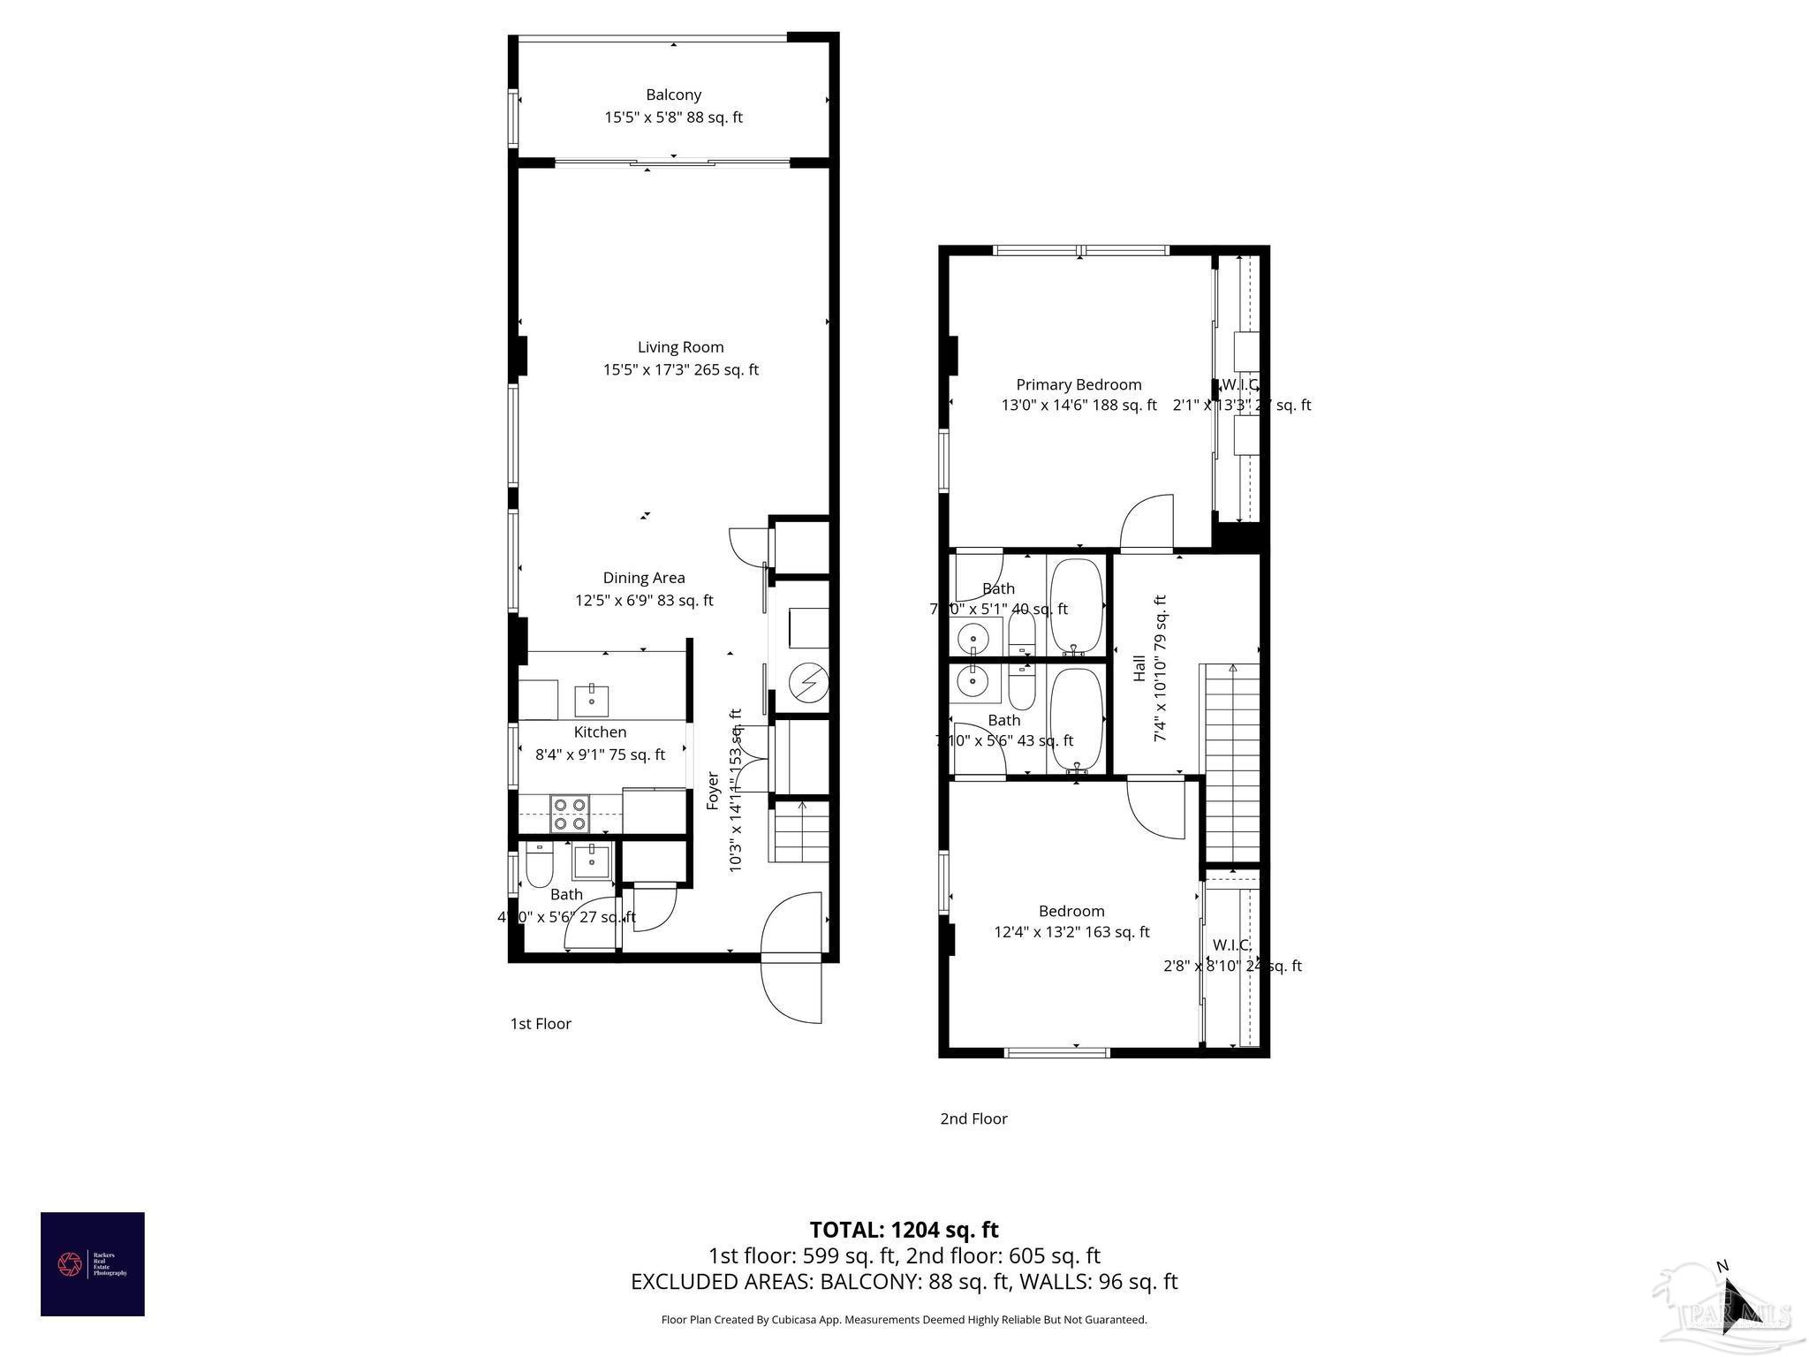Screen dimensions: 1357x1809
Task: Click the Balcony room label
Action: (673, 95)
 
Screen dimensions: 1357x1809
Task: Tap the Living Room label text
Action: (680, 347)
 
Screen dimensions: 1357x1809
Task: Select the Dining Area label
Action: (644, 578)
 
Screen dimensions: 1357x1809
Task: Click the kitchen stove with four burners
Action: (570, 814)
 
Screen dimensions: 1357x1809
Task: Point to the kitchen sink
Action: (591, 701)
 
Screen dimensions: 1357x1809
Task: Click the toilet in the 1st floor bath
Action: (539, 865)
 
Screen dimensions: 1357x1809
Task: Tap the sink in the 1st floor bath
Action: (591, 860)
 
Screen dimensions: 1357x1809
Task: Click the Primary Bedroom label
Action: (1079, 384)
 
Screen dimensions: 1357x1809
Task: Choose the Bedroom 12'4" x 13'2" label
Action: (1071, 911)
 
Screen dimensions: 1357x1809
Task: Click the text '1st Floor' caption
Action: (541, 1024)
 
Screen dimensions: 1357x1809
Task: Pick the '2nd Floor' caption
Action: (973, 1118)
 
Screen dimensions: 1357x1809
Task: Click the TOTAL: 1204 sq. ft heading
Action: (904, 1230)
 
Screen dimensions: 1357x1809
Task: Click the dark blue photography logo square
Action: (93, 1264)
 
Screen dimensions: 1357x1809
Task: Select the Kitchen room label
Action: (601, 732)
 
